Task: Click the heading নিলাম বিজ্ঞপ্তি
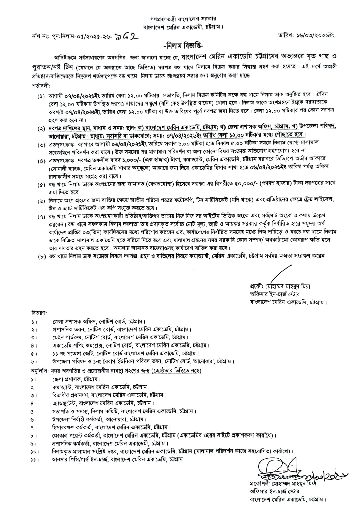pyautogui.click(x=182, y=46)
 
